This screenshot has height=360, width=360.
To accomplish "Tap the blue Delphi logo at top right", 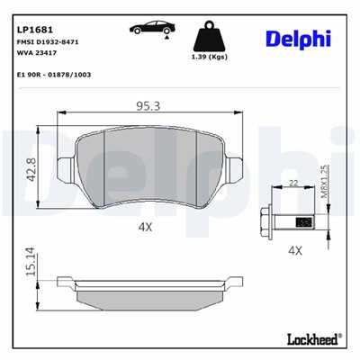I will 299,37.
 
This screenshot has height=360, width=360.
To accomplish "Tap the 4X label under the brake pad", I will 146,227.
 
